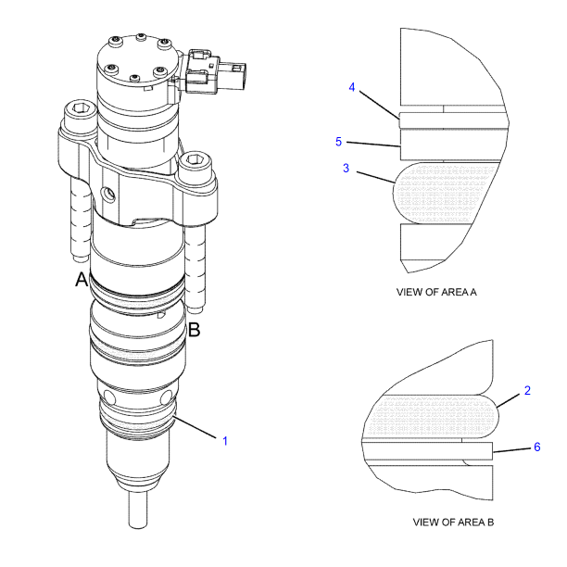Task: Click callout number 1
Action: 224,440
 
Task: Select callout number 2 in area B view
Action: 527,390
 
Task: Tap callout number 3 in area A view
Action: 346,170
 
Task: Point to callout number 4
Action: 352,87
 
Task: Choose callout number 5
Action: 339,142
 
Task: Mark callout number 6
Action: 536,447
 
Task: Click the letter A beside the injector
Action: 82,279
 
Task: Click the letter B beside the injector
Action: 195,328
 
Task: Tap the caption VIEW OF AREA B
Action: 453,523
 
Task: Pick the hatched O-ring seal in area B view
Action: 431,413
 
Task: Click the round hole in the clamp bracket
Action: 109,195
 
